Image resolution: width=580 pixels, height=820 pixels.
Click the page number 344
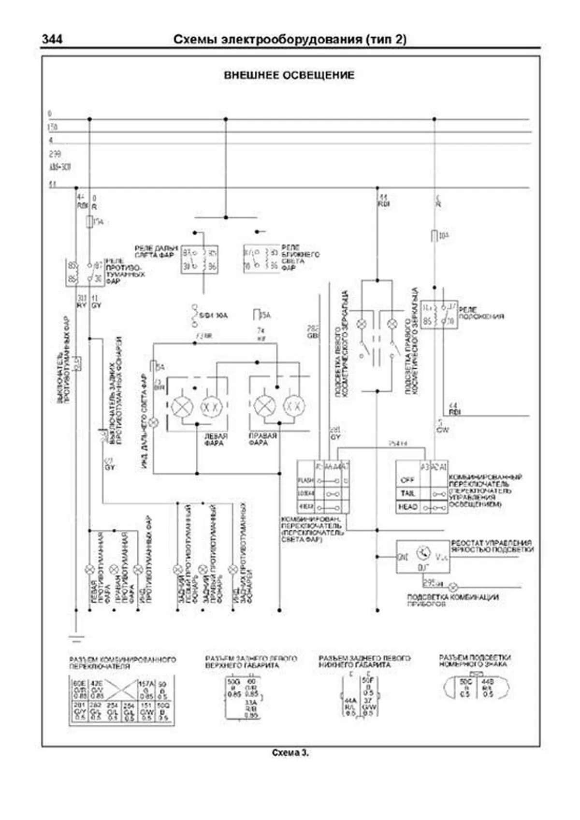[x=52, y=39]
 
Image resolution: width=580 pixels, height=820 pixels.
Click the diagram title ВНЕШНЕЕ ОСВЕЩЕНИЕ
[x=289, y=75]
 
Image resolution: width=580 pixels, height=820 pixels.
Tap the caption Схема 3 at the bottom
[x=290, y=753]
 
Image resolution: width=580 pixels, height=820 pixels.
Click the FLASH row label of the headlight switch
[x=306, y=481]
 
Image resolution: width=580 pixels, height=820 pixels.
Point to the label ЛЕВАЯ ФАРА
[x=216, y=439]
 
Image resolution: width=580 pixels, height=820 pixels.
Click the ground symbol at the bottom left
[x=75, y=639]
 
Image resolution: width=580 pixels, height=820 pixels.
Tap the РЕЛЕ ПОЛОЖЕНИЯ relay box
[x=439, y=314]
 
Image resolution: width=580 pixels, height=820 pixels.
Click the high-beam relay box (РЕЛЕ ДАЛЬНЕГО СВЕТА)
[x=193, y=259]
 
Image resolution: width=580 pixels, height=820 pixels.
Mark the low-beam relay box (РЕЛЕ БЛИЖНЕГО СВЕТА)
[x=261, y=259]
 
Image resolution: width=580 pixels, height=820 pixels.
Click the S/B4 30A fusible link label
[x=213, y=316]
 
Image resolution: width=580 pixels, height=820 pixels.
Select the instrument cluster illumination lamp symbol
[x=453, y=587]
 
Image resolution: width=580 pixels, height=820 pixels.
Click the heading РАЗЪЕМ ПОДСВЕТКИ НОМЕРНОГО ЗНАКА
[x=475, y=661]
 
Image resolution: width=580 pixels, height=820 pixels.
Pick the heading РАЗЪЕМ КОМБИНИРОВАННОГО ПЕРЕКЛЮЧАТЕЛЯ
[x=122, y=662]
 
